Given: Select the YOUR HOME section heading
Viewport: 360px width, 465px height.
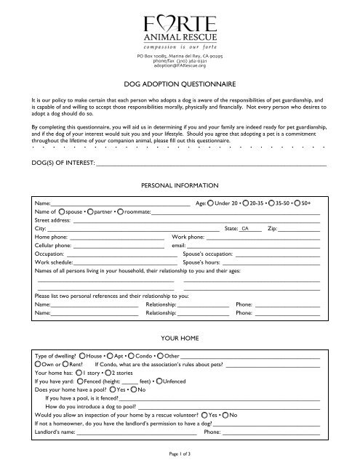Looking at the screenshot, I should tap(180, 339).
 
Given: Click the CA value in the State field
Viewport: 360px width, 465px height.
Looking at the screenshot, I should tap(246, 228).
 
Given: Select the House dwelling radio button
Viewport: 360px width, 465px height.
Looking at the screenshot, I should tap(82, 357).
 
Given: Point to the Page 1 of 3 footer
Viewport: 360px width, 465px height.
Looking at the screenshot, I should tap(179, 454).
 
